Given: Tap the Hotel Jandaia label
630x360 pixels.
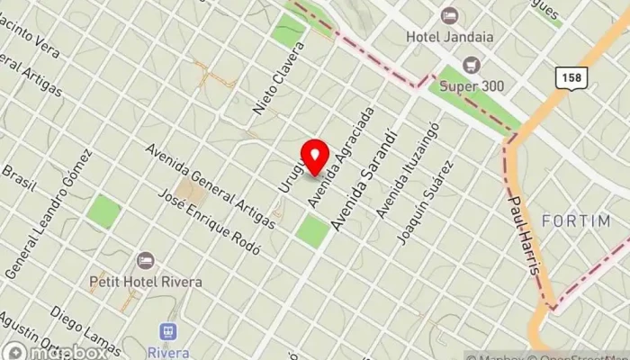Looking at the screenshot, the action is [x=448, y=38].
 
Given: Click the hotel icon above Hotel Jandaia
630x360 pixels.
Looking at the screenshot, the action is [x=448, y=15].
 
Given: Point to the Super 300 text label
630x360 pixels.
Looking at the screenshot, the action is [x=472, y=86].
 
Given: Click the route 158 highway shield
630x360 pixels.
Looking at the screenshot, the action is [x=571, y=78].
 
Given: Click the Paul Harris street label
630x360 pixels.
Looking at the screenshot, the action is [x=526, y=236].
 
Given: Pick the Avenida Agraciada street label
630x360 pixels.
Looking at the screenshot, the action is [x=328, y=159].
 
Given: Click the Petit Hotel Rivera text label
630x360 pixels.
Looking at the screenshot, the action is [x=146, y=282].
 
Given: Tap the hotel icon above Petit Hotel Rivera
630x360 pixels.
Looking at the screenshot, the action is [x=146, y=261].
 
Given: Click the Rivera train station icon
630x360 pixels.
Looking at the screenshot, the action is [x=166, y=332].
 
